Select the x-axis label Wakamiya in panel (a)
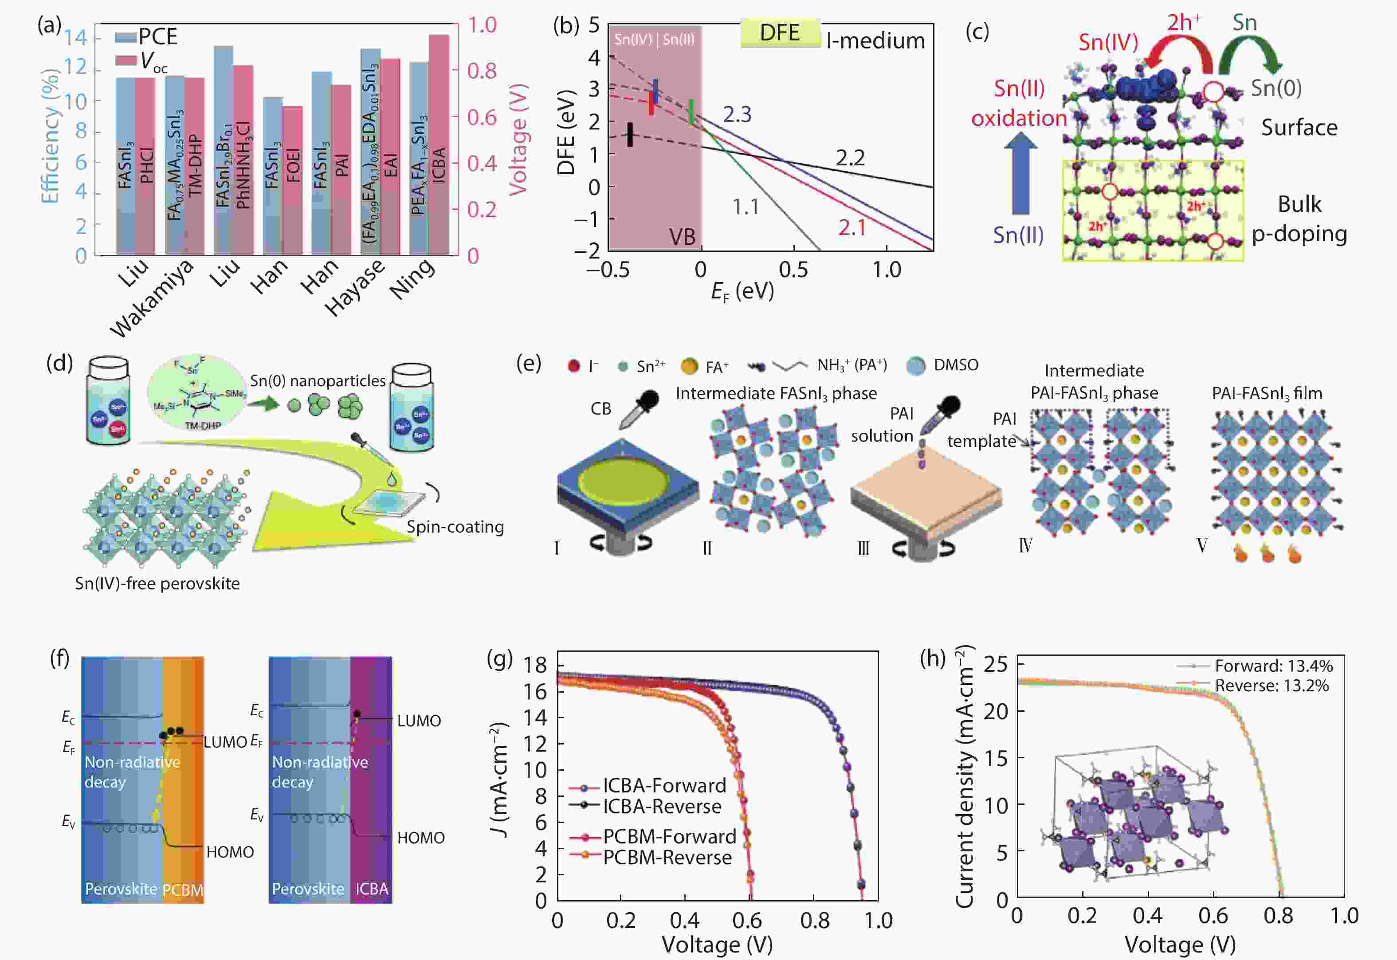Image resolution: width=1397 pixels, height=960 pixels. (x=152, y=298)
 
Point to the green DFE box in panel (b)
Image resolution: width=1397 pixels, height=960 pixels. (x=780, y=32)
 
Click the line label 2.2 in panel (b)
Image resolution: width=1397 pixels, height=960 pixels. (x=850, y=157)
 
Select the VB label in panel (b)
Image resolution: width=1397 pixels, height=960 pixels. (x=682, y=237)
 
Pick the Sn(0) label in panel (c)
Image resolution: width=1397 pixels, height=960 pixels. (x=1276, y=88)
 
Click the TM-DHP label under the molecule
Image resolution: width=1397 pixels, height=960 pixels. (x=202, y=426)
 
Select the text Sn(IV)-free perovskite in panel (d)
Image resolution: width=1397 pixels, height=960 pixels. (x=157, y=584)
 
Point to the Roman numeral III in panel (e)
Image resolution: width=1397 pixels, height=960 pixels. (x=863, y=548)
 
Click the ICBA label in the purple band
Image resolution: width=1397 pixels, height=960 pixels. (x=371, y=889)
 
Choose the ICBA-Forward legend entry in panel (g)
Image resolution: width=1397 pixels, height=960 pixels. (x=664, y=786)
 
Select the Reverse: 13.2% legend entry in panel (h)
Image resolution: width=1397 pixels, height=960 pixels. (x=1271, y=685)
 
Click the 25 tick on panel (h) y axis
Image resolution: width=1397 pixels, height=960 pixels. (x=996, y=664)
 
